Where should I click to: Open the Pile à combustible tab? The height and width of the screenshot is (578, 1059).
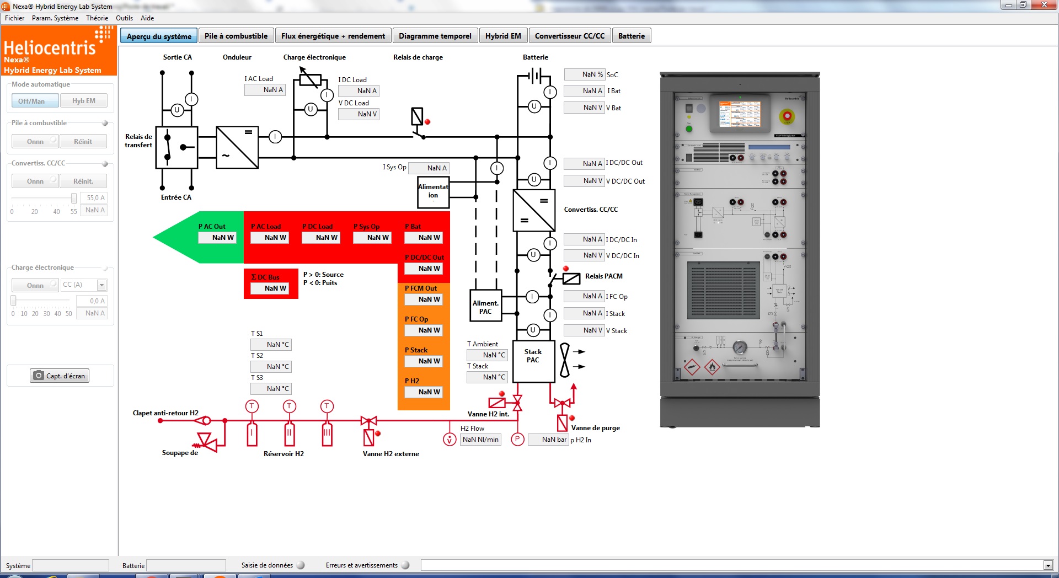[x=236, y=36]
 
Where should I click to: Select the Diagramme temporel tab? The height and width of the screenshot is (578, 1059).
[x=435, y=36]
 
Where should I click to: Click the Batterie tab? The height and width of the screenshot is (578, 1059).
[x=631, y=36]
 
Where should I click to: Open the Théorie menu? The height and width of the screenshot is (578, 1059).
[x=97, y=18]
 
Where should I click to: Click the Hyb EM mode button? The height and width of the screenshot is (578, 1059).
[x=83, y=101]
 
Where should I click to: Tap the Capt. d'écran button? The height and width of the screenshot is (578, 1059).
[x=60, y=376]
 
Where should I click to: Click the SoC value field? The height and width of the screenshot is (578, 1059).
[x=585, y=74]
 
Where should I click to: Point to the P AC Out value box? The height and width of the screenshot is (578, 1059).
[x=217, y=238]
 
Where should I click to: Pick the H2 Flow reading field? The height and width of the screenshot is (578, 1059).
[x=480, y=440]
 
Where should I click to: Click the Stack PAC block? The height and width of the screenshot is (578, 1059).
[x=533, y=361]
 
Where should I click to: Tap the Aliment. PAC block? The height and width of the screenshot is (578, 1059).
[x=485, y=306]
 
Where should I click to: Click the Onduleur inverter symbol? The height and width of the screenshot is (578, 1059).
[x=237, y=147]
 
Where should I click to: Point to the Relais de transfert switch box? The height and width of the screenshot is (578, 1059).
[x=176, y=147]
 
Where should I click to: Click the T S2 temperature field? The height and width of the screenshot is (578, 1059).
[x=271, y=367]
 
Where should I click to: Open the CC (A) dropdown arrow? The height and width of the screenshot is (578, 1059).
[x=101, y=285]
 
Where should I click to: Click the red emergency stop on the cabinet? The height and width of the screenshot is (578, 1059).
[x=787, y=116]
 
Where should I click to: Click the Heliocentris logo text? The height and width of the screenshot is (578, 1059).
[x=50, y=48]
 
